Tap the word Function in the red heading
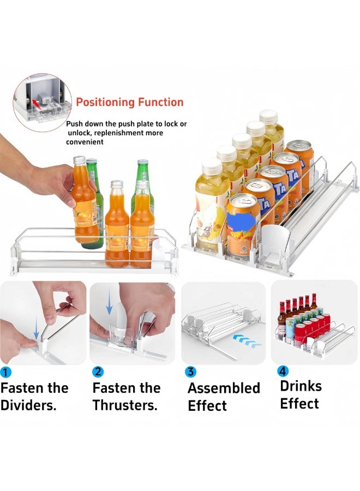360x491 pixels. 160,102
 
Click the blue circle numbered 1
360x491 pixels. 5,372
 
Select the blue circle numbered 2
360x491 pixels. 98,372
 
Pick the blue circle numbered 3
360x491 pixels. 190,372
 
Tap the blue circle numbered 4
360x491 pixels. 283,371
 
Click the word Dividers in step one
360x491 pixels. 28,405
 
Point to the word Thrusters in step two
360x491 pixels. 125,405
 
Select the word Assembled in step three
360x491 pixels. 224,388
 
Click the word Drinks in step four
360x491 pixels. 301,386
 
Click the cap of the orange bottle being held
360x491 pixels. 79,160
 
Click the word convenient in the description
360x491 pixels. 85,142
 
